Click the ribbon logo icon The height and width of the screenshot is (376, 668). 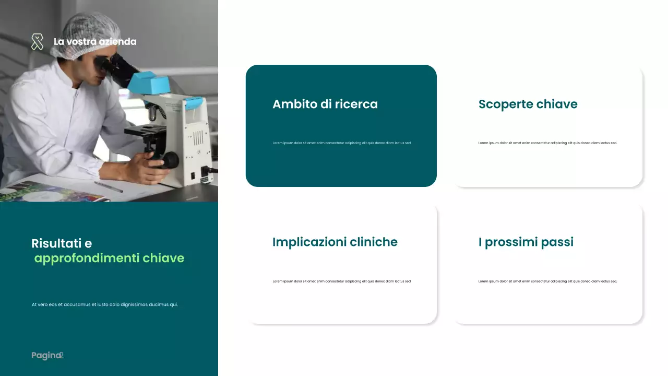point(37,42)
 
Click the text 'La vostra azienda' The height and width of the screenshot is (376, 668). point(95,42)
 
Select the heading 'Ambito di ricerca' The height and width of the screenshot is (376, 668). point(325,104)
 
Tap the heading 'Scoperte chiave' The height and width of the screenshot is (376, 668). point(528,104)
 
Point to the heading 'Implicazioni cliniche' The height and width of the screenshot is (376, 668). point(335,242)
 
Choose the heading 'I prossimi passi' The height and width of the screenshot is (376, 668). point(526,242)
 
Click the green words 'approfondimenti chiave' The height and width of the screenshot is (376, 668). point(109,258)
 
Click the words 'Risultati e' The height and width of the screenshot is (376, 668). point(62,243)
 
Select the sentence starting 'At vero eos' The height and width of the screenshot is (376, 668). point(104,304)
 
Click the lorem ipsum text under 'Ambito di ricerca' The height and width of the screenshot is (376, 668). point(342,143)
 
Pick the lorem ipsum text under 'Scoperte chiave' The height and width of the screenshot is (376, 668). point(547,143)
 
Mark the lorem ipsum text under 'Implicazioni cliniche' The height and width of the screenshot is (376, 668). point(342,281)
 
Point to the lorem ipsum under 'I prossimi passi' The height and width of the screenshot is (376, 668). point(547,281)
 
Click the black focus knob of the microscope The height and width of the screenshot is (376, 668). point(171,159)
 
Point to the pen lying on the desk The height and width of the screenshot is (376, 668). point(108,187)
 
